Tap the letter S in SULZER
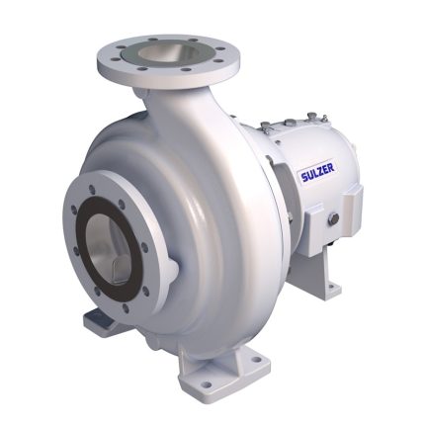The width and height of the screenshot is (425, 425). coord(303,178)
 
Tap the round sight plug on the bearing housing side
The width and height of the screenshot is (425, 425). coord(334,218)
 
